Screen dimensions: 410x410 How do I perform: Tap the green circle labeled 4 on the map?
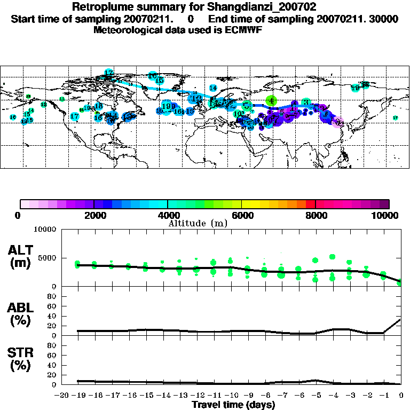coord(272,100)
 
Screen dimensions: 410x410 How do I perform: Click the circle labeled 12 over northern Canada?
coord(109,73)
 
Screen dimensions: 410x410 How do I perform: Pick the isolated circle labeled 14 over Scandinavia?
coord(213,88)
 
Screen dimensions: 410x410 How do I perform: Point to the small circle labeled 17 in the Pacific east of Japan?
coord(395,118)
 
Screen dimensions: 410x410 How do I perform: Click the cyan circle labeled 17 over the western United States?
coord(75,116)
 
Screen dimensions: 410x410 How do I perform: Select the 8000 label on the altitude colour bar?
coord(316,216)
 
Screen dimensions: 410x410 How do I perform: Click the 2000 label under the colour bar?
coord(94,216)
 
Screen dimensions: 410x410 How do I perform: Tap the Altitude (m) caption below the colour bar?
coord(198,224)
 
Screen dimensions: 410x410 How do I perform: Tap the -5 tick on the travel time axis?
coord(315,396)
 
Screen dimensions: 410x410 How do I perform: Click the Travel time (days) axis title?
coord(233,405)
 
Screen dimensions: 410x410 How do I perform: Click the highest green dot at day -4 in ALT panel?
coord(333,257)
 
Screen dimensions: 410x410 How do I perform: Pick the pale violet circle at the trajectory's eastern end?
coord(337,123)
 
